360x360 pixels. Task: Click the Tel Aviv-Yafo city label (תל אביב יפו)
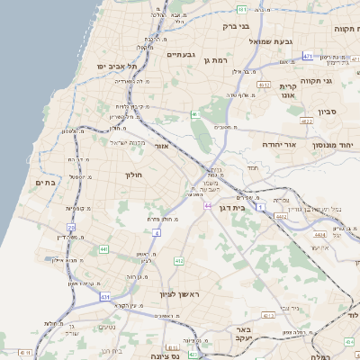[118, 66]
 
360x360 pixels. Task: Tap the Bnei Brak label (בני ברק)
[236, 26]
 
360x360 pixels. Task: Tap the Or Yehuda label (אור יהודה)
[261, 144]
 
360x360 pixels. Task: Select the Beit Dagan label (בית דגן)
[232, 206]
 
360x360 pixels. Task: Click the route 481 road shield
[242, 9]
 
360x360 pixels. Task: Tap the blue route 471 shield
[308, 56]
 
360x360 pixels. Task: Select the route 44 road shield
[208, 205]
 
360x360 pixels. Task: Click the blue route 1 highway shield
[261, 207]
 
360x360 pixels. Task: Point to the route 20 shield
[71, 228]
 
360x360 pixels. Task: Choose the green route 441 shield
[104, 249]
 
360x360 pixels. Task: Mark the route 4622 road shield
[307, 119]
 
